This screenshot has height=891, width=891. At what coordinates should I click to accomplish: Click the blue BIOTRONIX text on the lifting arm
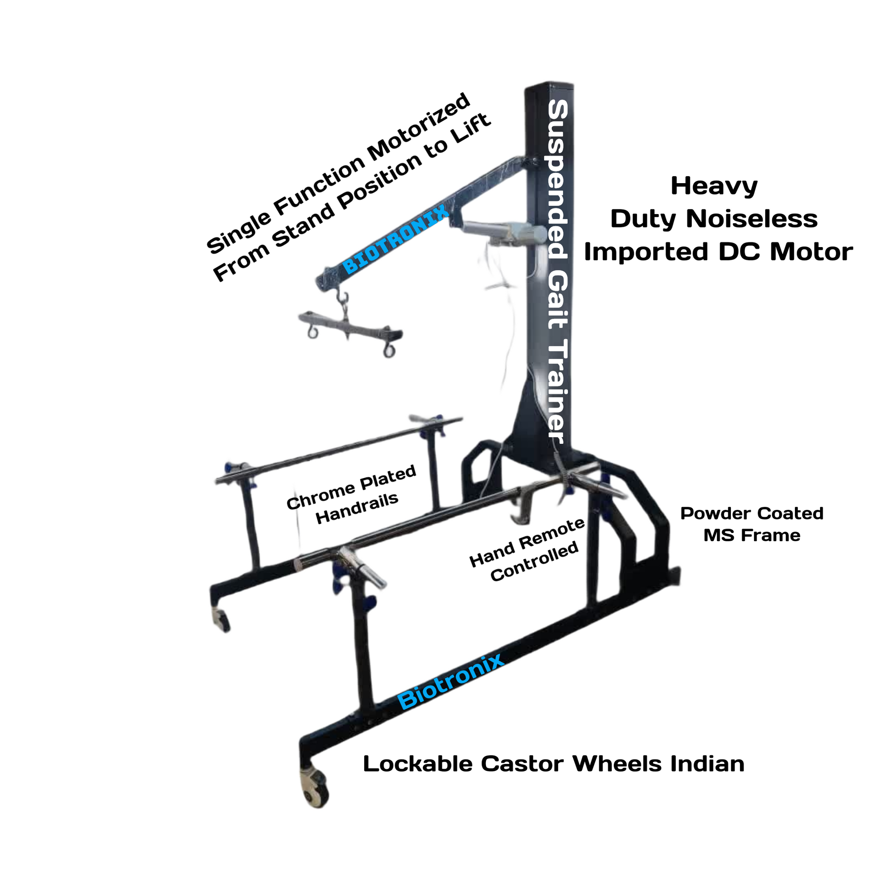[396, 239]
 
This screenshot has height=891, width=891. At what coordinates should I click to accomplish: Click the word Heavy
[714, 187]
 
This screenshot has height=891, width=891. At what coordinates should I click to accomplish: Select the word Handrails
[357, 508]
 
